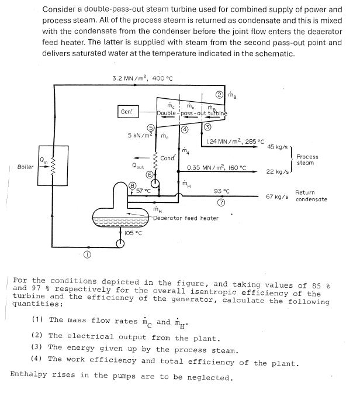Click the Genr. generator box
pos(127,111)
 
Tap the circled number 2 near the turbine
pos(219,96)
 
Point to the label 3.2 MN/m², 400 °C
pos(142,78)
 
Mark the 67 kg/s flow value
pos(278,197)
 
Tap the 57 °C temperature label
pos(143,191)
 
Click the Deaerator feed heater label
pos(185,218)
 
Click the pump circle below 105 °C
pos(121,244)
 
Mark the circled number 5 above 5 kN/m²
pos(150,128)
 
